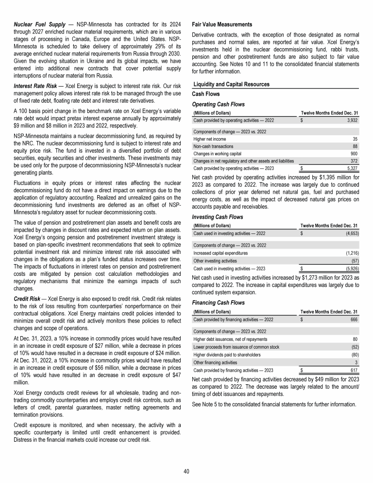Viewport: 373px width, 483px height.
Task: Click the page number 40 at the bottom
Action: pos(186,471)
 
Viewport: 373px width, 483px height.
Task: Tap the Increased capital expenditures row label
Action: pos(220,253)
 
